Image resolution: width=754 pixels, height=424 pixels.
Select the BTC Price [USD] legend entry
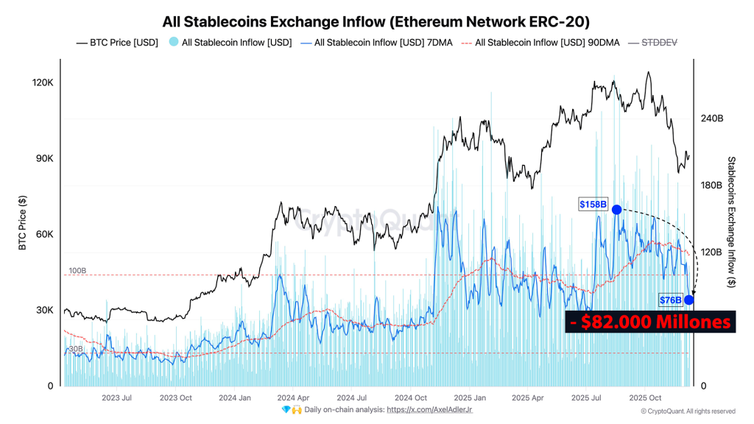tap(117, 43)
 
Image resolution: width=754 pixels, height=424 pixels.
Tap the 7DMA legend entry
tap(376, 43)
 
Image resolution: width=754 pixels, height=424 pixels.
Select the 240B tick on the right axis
tap(711, 119)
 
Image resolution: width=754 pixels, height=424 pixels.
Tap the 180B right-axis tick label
tap(711, 185)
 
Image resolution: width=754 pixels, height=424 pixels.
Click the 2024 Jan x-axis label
tap(235, 397)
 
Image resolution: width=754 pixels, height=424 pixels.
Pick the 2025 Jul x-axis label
tap(586, 397)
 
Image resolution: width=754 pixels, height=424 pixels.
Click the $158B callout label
tap(593, 204)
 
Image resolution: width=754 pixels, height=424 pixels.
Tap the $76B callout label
tap(669, 300)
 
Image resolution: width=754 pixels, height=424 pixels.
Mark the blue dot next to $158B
tap(616, 210)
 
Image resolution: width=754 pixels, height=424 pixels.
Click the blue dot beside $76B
tap(688, 300)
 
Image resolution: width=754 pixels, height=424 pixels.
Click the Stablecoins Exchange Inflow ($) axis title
tap(731, 222)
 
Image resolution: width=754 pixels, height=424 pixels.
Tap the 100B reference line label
tap(77, 271)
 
